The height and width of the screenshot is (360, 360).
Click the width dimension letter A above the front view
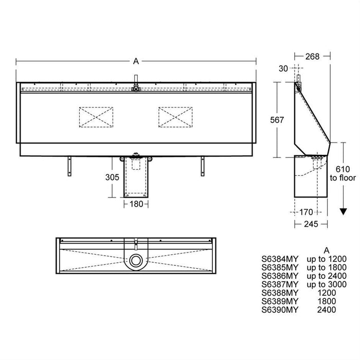pyautogui.click(x=136, y=61)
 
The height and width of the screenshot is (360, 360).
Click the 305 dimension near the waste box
pyautogui.click(x=112, y=177)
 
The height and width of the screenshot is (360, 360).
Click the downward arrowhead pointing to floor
pyautogui.click(x=341, y=211)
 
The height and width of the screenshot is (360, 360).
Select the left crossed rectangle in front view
pyautogui.click(x=96, y=116)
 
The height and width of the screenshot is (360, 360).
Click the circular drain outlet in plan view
pyautogui.click(x=136, y=260)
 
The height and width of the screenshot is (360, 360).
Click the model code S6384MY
pyautogui.click(x=280, y=260)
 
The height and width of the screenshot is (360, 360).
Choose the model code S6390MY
pyautogui.click(x=280, y=310)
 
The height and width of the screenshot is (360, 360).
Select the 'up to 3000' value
pyautogui.click(x=327, y=284)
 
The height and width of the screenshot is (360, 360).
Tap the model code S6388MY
pyautogui.click(x=280, y=293)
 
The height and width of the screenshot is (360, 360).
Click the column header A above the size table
pyautogui.click(x=327, y=250)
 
